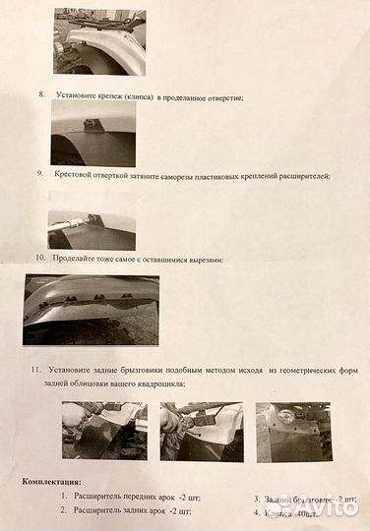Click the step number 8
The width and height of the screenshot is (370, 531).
coord(41,95)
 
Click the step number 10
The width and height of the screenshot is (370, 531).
coord(39,259)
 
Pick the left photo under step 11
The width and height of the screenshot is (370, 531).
coord(103,431)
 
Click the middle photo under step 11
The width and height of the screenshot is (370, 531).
coord(201,431)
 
